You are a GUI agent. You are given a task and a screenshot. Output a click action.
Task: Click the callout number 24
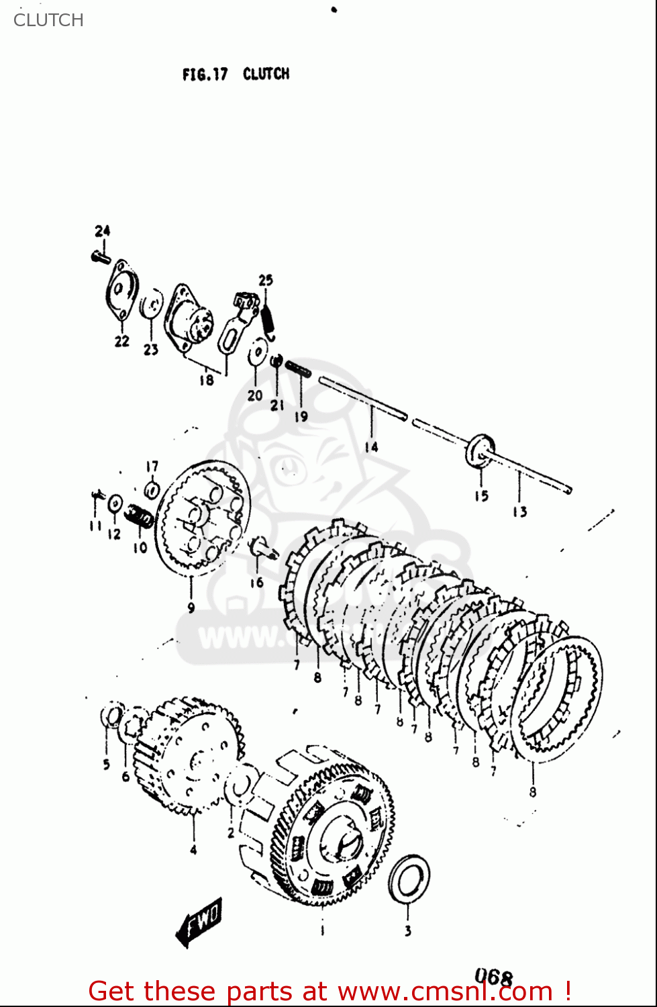(x=102, y=231)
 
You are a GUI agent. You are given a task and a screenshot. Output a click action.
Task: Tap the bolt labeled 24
(x=100, y=256)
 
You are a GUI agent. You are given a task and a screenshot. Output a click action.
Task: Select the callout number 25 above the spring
(x=266, y=280)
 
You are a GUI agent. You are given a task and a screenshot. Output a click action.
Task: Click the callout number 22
(x=121, y=341)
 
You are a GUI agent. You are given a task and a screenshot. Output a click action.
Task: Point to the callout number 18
(x=206, y=380)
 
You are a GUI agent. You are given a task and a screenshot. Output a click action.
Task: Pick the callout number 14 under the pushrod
(x=371, y=446)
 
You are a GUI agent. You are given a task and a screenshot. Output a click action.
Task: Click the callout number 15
(x=481, y=496)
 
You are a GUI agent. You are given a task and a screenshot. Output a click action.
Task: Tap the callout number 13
(x=520, y=512)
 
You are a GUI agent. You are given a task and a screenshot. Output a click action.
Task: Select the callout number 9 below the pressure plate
(x=191, y=608)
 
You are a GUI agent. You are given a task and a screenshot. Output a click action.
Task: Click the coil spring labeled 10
(x=140, y=516)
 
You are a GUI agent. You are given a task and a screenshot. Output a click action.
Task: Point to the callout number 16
(x=257, y=583)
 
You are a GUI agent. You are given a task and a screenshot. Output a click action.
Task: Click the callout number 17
(x=152, y=466)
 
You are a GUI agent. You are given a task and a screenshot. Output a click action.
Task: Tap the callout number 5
(x=106, y=764)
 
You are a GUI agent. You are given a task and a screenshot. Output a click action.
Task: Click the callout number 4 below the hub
(x=193, y=850)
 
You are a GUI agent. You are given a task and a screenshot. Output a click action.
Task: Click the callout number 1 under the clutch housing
(x=322, y=930)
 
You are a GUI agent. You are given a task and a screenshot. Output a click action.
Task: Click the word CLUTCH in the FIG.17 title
(x=266, y=74)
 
